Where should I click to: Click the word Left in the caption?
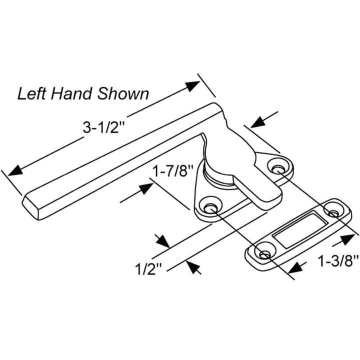click(31, 93)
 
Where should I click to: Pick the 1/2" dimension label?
click(149, 270)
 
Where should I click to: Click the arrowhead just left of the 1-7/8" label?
click(145, 188)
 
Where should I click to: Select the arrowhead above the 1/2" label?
click(162, 241)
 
